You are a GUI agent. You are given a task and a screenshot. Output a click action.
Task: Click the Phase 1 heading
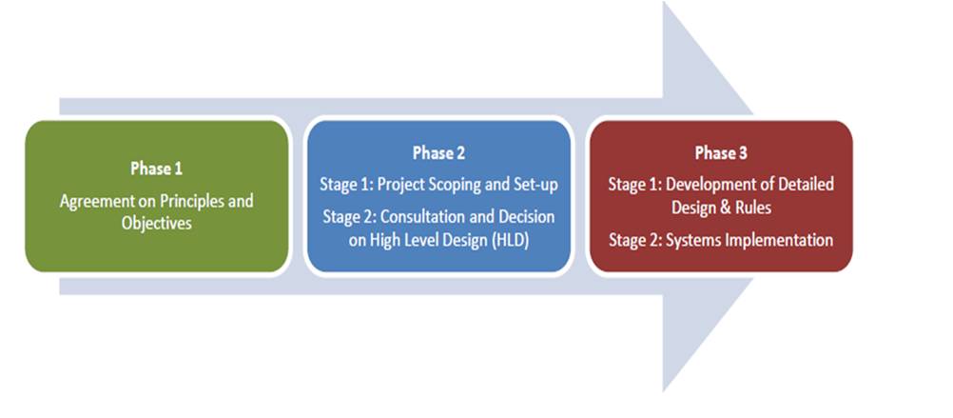[x=156, y=169]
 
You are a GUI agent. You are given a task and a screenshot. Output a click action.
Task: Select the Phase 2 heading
[x=438, y=152]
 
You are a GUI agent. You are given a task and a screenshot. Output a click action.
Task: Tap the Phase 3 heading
[x=720, y=152]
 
